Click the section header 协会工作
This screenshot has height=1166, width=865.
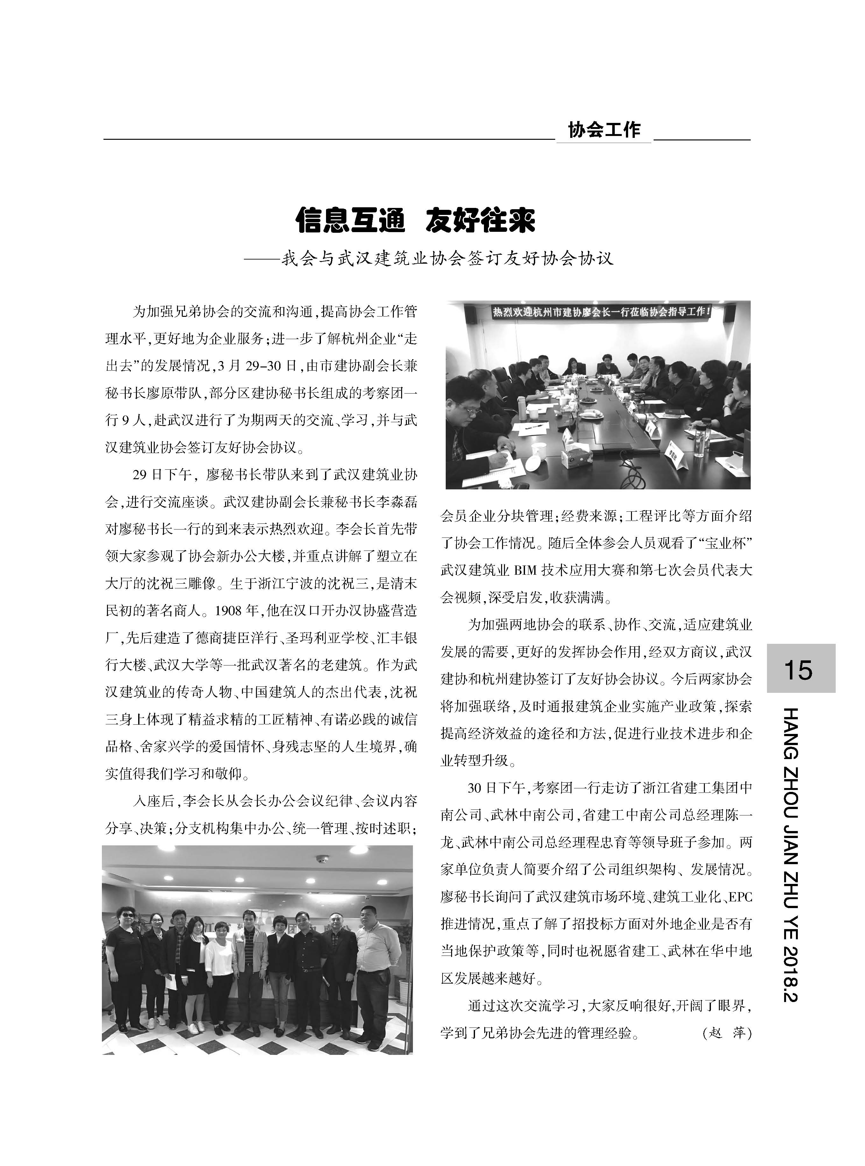[x=604, y=130]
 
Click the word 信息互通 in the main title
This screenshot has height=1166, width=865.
[x=350, y=220]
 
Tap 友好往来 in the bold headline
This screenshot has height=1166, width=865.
[x=480, y=220]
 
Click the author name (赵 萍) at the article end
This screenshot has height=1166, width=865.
[x=725, y=1033]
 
